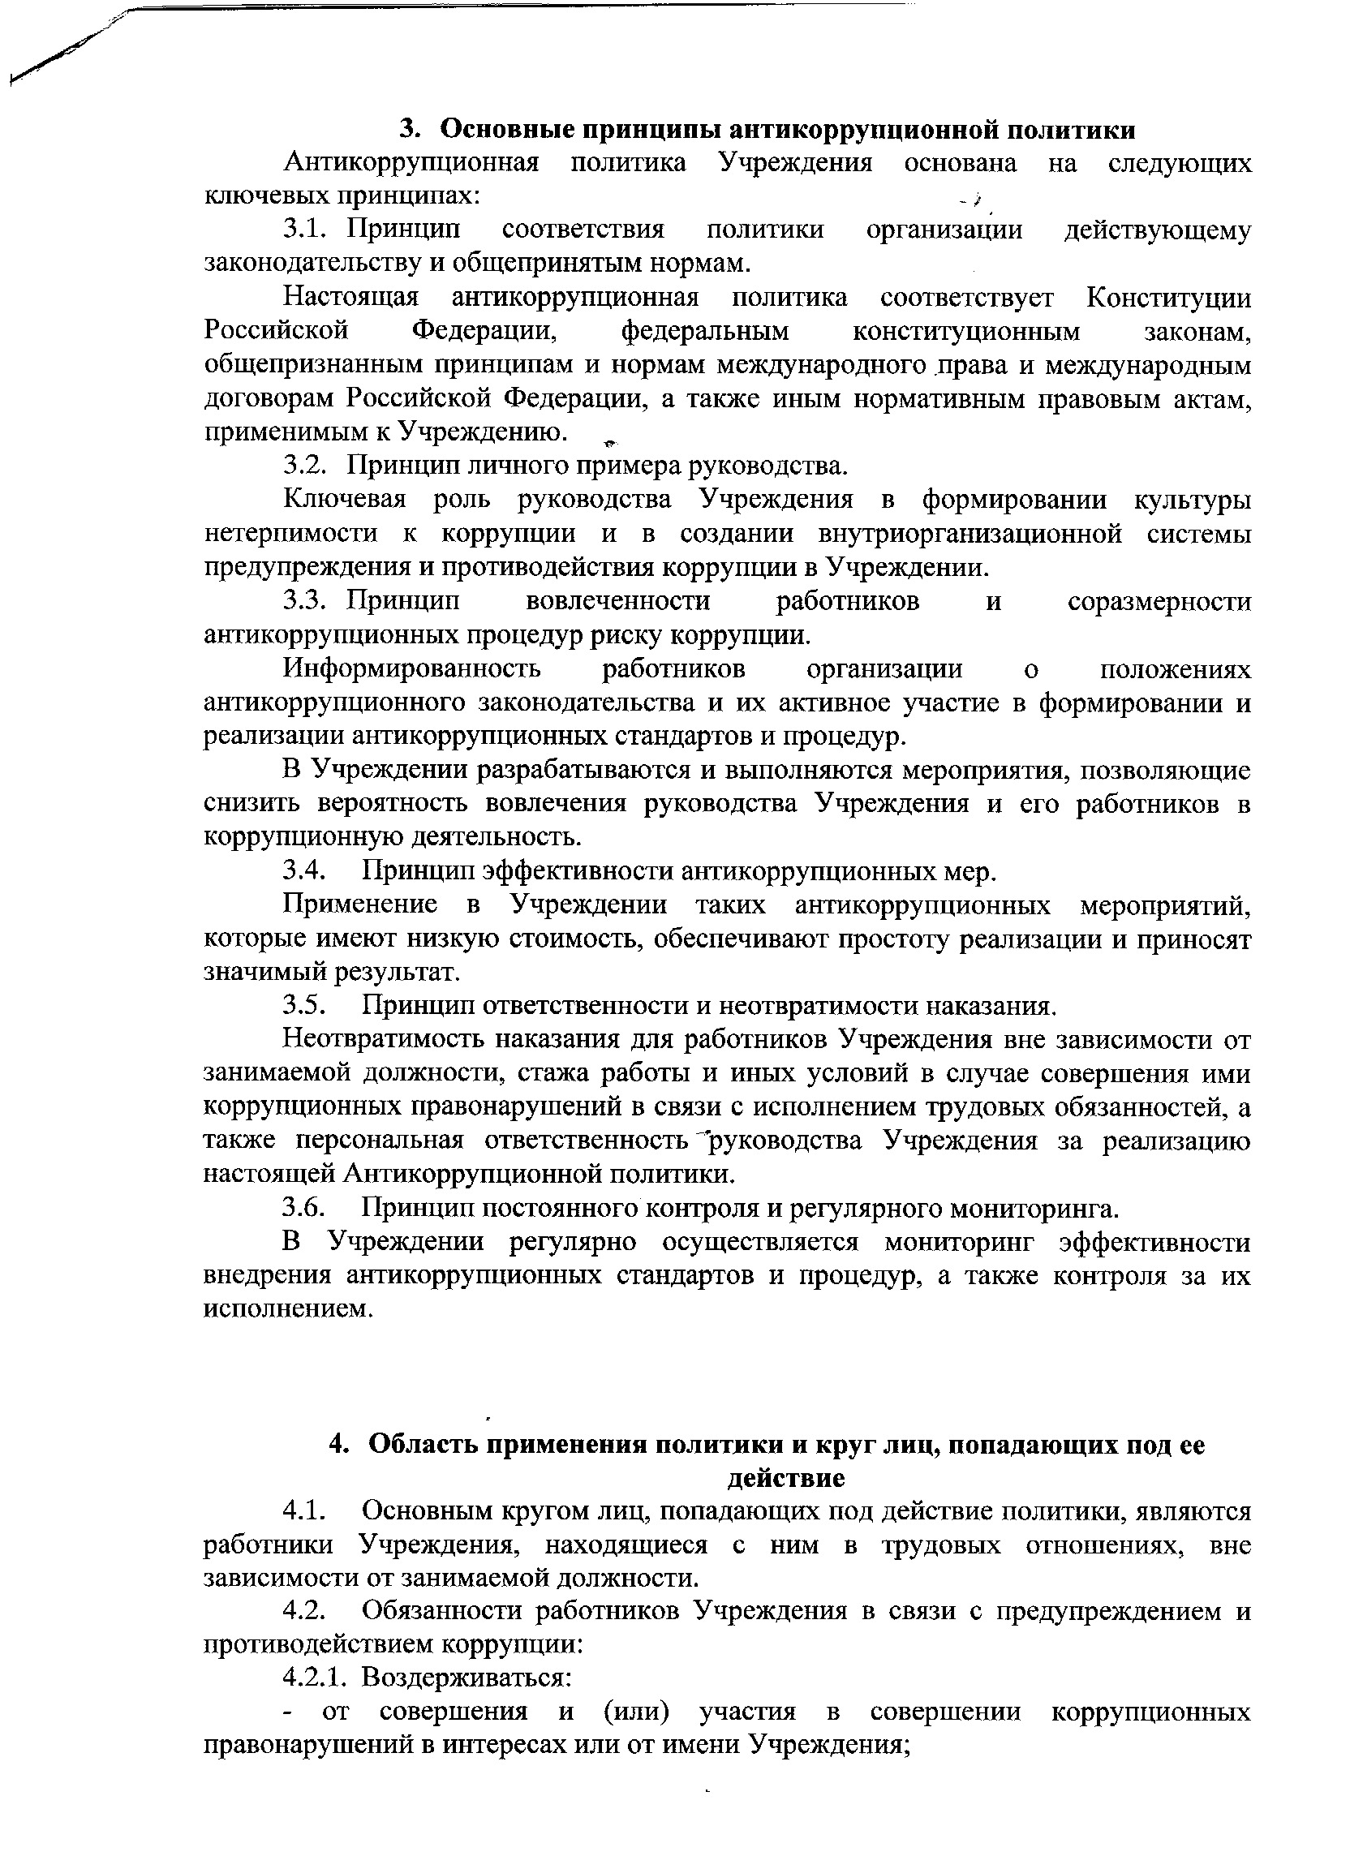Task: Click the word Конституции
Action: (1167, 297)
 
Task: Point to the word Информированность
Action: (412, 668)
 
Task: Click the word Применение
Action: (359, 904)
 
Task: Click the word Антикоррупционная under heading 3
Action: (411, 162)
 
